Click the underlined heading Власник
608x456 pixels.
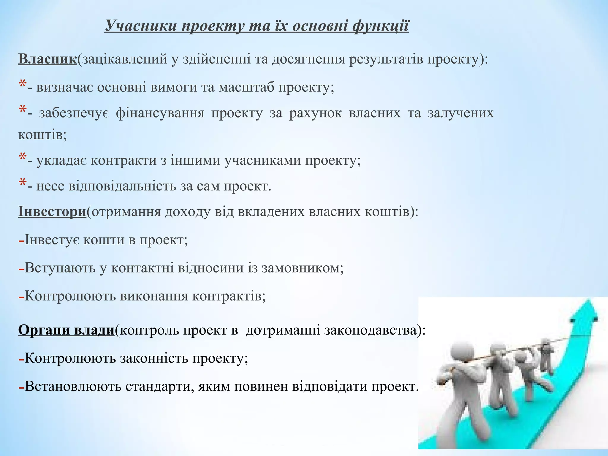click(47, 59)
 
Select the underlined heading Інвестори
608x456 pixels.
click(52, 212)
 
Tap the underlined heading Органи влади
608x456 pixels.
click(66, 330)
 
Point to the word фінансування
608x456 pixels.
click(160, 113)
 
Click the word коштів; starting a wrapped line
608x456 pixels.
click(42, 135)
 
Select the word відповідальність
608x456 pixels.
click(122, 186)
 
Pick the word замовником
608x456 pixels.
click(302, 268)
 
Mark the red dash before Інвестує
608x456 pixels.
click(21, 241)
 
